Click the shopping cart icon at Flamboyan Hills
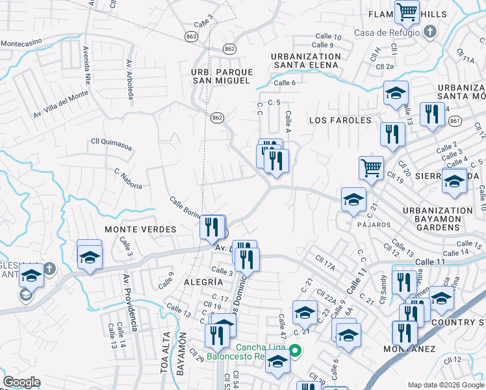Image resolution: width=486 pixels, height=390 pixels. pos(406,10)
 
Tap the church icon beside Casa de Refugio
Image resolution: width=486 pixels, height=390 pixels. pos(429,32)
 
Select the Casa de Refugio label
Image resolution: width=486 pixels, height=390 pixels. pos(387,32)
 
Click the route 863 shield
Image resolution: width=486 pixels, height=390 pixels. pos(191,37)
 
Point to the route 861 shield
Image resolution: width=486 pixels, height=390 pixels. pos(455,121)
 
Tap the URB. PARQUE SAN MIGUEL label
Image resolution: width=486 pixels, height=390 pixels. pos(220,75)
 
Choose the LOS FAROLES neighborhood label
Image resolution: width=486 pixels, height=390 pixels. pos(340,120)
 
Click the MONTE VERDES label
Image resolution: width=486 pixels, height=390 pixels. pos(140,229)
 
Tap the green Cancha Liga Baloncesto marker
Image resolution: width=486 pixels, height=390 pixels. pos(295,351)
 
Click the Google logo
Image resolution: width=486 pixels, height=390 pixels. pos(21,382)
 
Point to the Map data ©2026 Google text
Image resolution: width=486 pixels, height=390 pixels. pos(445,385)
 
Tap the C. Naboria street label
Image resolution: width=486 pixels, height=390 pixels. pos(128,179)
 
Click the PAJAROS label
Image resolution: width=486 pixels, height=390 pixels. pos(373,224)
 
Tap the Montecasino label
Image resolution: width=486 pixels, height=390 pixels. pos(21,42)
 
